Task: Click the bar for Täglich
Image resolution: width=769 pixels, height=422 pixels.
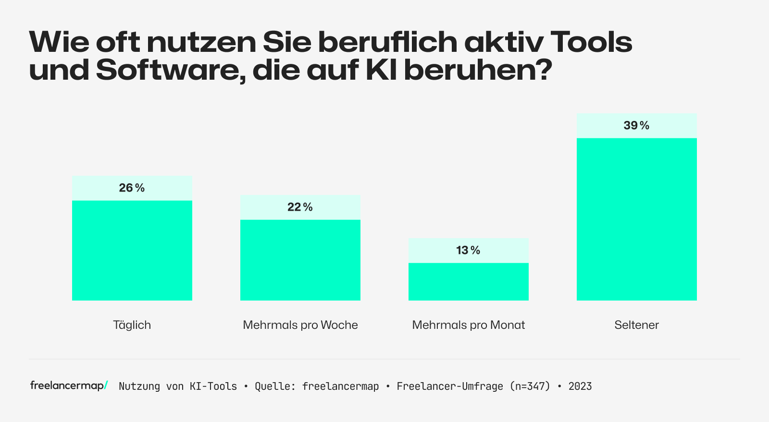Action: pos(132,250)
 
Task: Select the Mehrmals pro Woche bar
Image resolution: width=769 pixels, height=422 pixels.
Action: pos(300,260)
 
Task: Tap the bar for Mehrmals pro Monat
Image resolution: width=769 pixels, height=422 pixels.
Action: pos(468,281)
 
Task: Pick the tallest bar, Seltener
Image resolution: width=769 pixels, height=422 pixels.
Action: pos(636,219)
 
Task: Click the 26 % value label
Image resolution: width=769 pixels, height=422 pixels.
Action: pos(132,188)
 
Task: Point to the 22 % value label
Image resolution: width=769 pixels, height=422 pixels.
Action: pos(300,207)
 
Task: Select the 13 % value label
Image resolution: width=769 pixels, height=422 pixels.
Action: pos(468,250)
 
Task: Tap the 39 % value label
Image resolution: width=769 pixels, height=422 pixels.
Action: pos(636,125)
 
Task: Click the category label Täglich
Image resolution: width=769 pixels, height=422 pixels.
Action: pos(132,325)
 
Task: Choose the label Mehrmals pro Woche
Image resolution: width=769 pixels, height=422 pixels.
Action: pos(300,325)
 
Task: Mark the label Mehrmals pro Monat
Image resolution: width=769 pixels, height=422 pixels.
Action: pos(468,325)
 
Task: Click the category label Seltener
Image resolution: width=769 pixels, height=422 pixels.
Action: pos(636,325)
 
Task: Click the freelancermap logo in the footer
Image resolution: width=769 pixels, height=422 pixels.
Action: pos(69,386)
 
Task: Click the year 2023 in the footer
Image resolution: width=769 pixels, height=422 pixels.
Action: pos(580,386)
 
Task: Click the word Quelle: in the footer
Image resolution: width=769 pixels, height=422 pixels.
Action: pos(275,386)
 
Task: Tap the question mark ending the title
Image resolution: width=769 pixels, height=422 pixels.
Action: pos(542,70)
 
